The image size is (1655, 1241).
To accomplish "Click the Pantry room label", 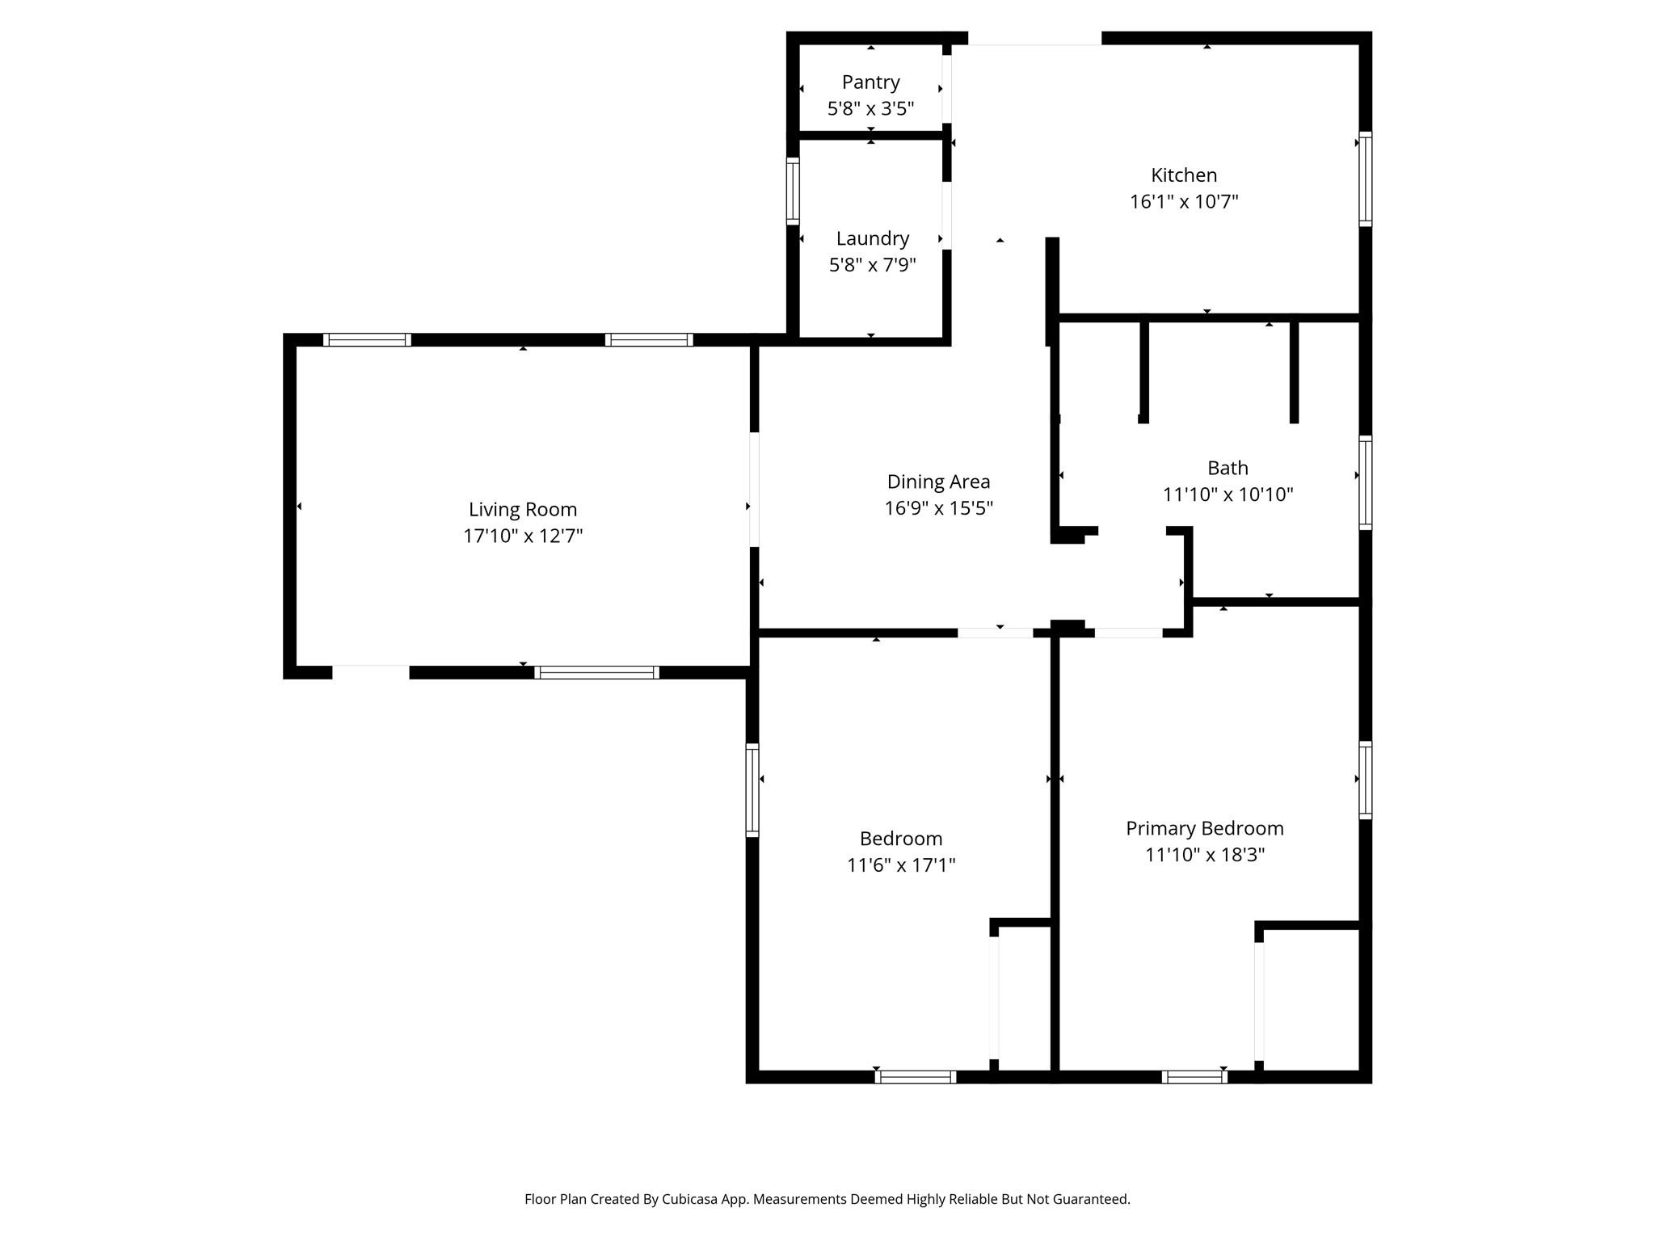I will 870,82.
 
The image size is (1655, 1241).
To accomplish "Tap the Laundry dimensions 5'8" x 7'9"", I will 872,265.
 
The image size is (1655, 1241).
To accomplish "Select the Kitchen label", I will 1184,175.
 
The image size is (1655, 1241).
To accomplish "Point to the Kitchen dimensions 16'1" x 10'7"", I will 1184,202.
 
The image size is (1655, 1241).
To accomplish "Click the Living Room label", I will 523,510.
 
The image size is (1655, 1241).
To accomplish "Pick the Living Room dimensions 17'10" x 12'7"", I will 523,536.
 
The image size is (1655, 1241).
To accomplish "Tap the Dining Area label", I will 938,482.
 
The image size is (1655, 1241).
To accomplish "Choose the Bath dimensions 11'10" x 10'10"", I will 1228,494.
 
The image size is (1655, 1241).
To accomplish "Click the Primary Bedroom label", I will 1204,829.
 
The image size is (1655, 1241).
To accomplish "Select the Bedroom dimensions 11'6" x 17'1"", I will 901,865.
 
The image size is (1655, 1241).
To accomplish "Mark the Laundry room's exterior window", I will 794,191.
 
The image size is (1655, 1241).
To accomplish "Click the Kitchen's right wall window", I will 1365,179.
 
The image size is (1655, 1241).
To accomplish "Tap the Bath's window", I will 1365,482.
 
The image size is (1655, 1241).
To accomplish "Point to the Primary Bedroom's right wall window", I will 1365,780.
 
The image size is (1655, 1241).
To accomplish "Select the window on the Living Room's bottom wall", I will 596,672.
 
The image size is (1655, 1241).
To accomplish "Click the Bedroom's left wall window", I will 752,789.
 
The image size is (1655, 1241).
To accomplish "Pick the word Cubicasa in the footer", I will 691,1200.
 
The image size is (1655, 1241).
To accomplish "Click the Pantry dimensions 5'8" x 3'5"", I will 870,109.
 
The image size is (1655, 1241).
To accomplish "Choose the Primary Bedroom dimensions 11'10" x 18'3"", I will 1204,856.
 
